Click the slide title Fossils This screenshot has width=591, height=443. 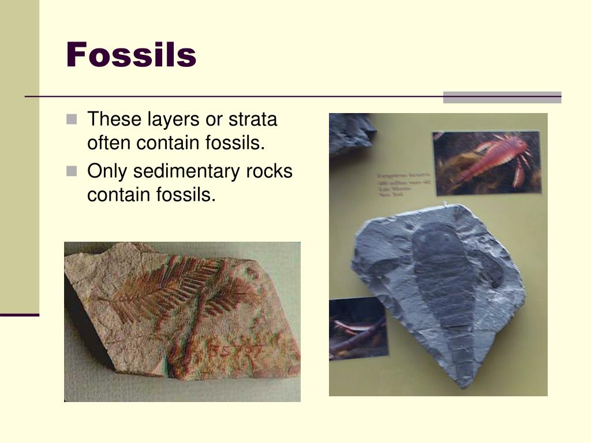(x=131, y=55)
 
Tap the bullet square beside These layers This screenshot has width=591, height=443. (x=71, y=120)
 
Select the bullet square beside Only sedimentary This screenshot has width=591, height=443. (x=71, y=171)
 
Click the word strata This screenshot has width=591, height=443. (x=253, y=120)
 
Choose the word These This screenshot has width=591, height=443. (x=113, y=120)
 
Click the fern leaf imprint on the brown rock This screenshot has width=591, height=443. (x=173, y=288)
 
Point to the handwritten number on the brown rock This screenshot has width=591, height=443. (x=231, y=350)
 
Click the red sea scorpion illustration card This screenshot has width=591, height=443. (x=487, y=163)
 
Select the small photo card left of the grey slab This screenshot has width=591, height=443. (x=358, y=327)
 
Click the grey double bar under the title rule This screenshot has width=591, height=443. (x=502, y=97)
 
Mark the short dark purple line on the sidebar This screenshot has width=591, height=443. (x=20, y=315)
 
